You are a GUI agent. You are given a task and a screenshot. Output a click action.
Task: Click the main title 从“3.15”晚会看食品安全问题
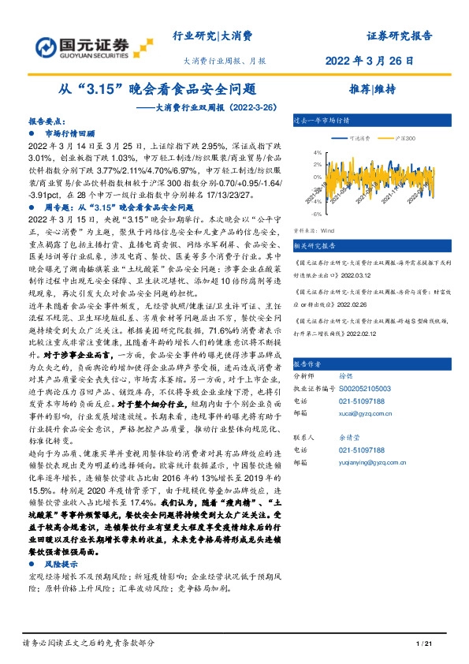158,89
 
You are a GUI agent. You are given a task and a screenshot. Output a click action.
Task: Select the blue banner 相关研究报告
316,244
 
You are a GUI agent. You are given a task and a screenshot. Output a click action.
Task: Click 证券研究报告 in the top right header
399,36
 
